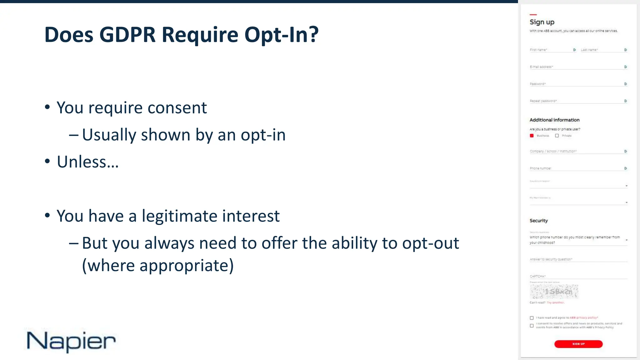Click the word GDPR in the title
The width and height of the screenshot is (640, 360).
pos(127,35)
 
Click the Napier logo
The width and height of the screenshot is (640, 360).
pos(71,341)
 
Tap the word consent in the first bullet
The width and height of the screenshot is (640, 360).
pos(177,108)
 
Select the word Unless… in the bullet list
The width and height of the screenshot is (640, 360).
pos(88,162)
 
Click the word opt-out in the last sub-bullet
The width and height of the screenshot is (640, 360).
pos(430,243)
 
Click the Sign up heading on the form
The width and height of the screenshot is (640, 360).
pos(542,22)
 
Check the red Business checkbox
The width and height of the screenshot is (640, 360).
pos(532,136)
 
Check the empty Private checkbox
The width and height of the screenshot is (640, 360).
pos(557,136)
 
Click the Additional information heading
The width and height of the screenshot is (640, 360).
pos(554,120)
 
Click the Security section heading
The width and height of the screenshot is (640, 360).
pos(538,221)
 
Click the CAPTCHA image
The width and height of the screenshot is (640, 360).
pos(554,292)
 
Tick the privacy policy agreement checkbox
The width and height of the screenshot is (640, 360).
pos(532,318)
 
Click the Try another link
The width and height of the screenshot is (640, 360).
pos(556,302)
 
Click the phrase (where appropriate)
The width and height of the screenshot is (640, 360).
pos(158,266)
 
